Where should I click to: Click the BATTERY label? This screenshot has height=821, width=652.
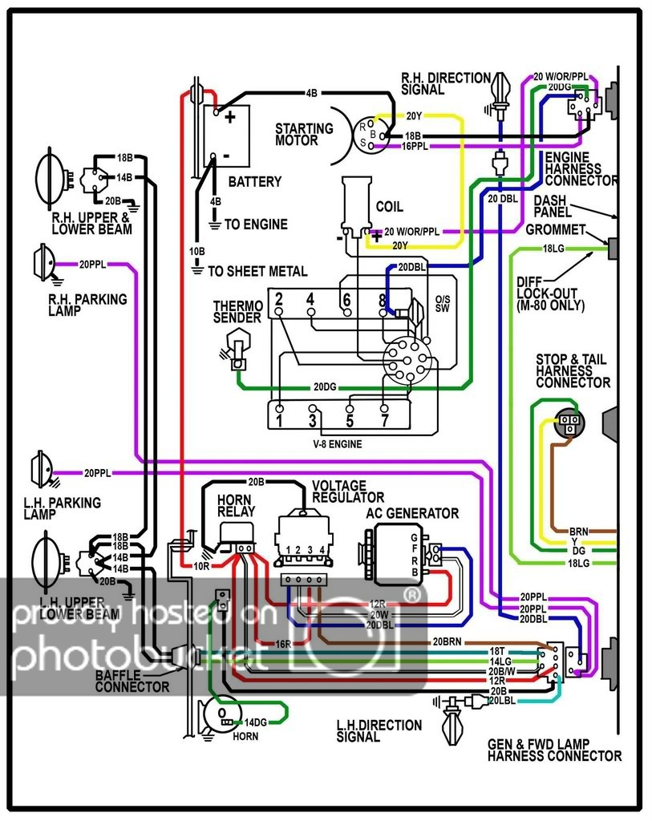click(x=255, y=182)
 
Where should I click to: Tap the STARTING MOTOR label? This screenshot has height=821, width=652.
click(x=304, y=134)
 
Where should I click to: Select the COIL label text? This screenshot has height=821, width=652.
click(x=390, y=207)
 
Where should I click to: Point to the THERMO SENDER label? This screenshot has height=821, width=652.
click(x=237, y=312)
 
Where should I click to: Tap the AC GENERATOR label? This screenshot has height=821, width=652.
click(x=412, y=514)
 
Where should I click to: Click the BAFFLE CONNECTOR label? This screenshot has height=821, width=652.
click(x=132, y=681)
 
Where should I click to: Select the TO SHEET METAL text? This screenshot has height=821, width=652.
click(x=257, y=271)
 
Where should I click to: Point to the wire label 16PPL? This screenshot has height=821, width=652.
click(x=414, y=147)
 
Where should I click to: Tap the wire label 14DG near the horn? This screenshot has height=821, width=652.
click(x=257, y=722)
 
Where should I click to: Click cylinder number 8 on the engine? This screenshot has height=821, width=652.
click(x=382, y=301)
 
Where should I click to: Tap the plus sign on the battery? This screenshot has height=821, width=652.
click(x=230, y=117)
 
